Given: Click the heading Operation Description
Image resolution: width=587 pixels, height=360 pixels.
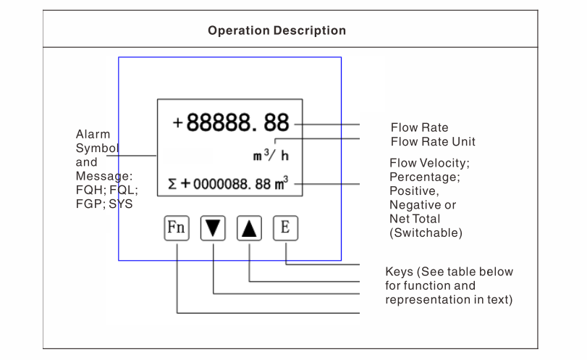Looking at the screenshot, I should click(276, 31).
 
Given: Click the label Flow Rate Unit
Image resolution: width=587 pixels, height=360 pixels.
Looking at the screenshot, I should click(433, 141).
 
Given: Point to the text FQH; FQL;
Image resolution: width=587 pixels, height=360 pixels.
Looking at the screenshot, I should click(106, 191).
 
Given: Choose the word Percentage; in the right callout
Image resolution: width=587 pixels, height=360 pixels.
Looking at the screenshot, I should click(424, 177).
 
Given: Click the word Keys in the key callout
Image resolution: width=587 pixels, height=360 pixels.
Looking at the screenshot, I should click(400, 272).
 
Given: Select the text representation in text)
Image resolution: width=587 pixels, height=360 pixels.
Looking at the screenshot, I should click(449, 300).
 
